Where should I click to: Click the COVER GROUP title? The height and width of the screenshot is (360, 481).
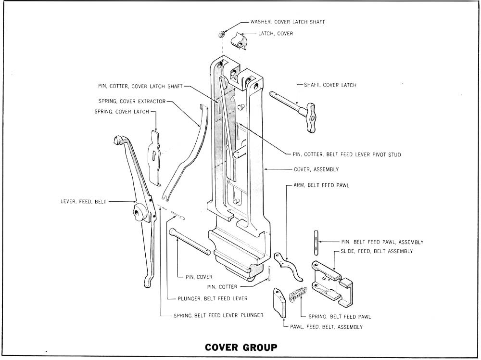240,347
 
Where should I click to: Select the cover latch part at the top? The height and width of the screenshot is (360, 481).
239,40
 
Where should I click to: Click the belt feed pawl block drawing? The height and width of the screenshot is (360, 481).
279,303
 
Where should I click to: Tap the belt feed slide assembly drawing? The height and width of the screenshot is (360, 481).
332,282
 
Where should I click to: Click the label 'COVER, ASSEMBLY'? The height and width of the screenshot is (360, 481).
316,169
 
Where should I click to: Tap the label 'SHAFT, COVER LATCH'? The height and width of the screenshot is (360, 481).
330,85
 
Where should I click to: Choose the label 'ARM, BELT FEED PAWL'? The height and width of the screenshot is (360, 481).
321,185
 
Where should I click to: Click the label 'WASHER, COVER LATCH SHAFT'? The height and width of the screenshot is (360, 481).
288,22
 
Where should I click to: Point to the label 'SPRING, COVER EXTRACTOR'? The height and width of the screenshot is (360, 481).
132,101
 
